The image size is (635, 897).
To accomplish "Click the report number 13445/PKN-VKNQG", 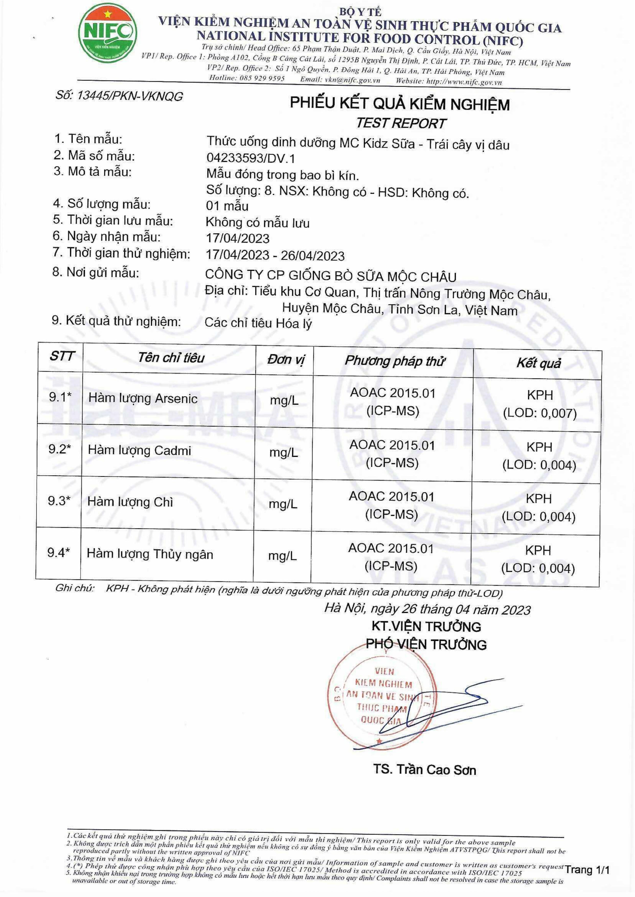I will [x=119, y=96].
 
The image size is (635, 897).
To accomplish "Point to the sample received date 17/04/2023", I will [x=238, y=238].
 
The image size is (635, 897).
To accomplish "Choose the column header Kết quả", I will [x=538, y=363].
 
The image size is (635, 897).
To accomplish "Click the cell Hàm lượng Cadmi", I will [x=140, y=450].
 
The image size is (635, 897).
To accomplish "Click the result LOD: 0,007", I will [x=540, y=413].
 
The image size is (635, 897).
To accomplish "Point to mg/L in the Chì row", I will [x=283, y=504].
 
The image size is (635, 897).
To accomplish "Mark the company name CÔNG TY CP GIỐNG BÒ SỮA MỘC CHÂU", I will [x=331, y=276].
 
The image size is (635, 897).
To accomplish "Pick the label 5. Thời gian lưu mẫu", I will [x=113, y=221].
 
